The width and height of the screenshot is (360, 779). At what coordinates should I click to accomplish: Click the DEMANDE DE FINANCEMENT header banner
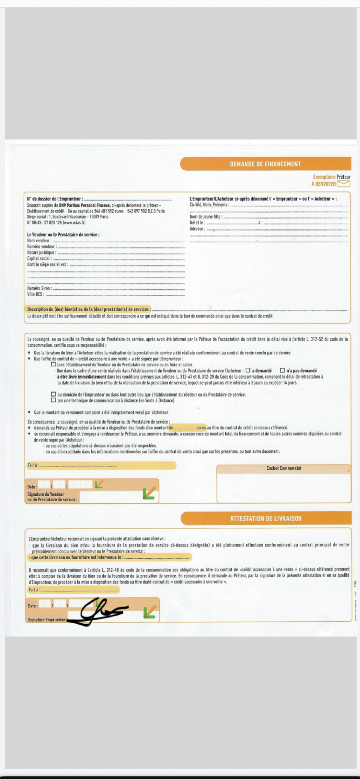click(x=265, y=164)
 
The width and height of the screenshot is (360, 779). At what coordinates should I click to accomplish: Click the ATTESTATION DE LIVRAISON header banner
click(x=266, y=518)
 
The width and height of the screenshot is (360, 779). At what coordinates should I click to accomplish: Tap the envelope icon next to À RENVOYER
click(x=343, y=184)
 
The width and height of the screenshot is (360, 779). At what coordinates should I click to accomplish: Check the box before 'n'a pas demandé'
click(x=282, y=370)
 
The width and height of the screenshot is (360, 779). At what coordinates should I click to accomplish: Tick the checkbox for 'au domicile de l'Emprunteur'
click(x=53, y=394)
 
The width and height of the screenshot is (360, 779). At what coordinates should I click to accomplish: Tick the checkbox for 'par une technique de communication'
click(x=53, y=400)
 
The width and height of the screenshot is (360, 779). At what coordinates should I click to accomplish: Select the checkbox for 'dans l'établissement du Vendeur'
click(x=53, y=364)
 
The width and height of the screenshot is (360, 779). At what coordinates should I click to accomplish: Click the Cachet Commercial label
click(x=284, y=468)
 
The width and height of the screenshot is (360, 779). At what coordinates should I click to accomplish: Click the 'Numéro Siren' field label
click(x=39, y=288)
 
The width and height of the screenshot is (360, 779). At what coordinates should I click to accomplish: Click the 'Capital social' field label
click(x=39, y=259)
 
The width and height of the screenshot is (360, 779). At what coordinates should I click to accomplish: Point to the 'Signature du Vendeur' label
click(x=46, y=494)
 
